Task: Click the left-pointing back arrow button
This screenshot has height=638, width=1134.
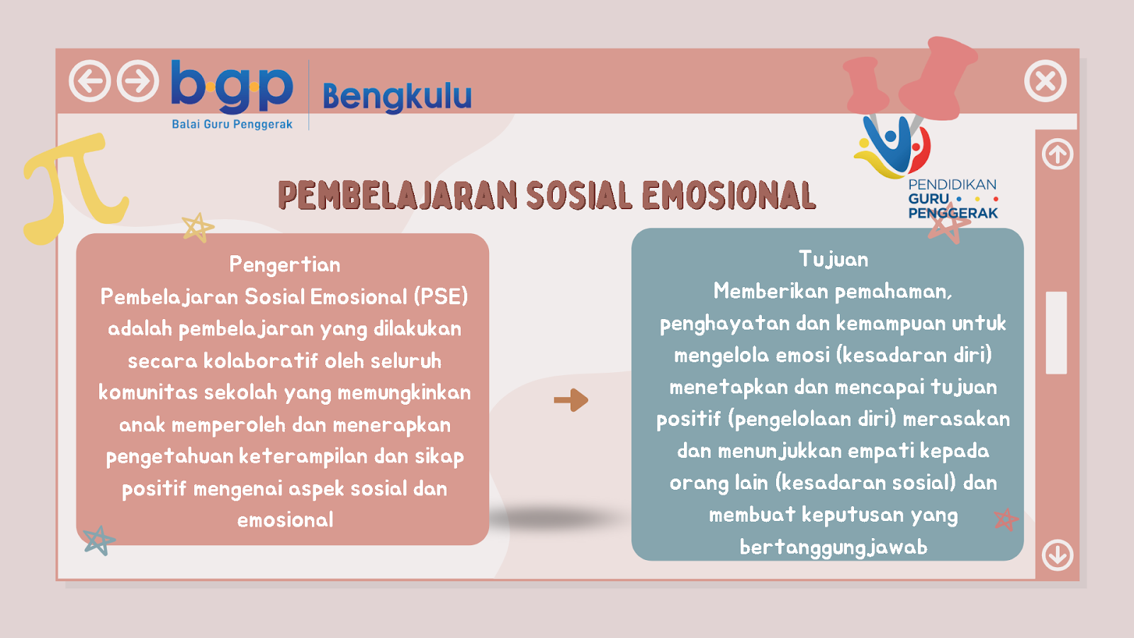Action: pyautogui.click(x=89, y=81)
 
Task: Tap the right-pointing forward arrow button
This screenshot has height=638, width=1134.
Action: pyautogui.click(x=137, y=81)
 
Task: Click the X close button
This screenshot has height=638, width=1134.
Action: pyautogui.click(x=1045, y=81)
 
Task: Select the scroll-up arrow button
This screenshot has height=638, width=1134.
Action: pyautogui.click(x=1057, y=154)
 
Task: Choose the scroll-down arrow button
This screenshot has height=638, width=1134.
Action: pyautogui.click(x=1057, y=555)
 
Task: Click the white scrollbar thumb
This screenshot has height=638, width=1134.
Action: pyautogui.click(x=1056, y=332)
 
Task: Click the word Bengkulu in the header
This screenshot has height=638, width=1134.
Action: pyautogui.click(x=397, y=96)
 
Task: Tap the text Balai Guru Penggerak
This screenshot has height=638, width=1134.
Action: pyautogui.click(x=232, y=124)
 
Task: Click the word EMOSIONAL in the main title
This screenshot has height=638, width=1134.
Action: pyautogui.click(x=729, y=196)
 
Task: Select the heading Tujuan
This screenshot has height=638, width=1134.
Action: pyautogui.click(x=833, y=259)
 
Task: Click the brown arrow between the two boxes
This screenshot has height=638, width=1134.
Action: pyautogui.click(x=571, y=400)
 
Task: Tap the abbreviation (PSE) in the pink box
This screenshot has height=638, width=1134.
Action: pyautogui.click(x=440, y=297)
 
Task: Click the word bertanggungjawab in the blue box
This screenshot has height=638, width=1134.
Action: pyautogui.click(x=833, y=547)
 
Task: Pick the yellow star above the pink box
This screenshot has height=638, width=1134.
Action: pyautogui.click(x=198, y=228)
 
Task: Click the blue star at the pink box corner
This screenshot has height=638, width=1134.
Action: pyautogui.click(x=99, y=540)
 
